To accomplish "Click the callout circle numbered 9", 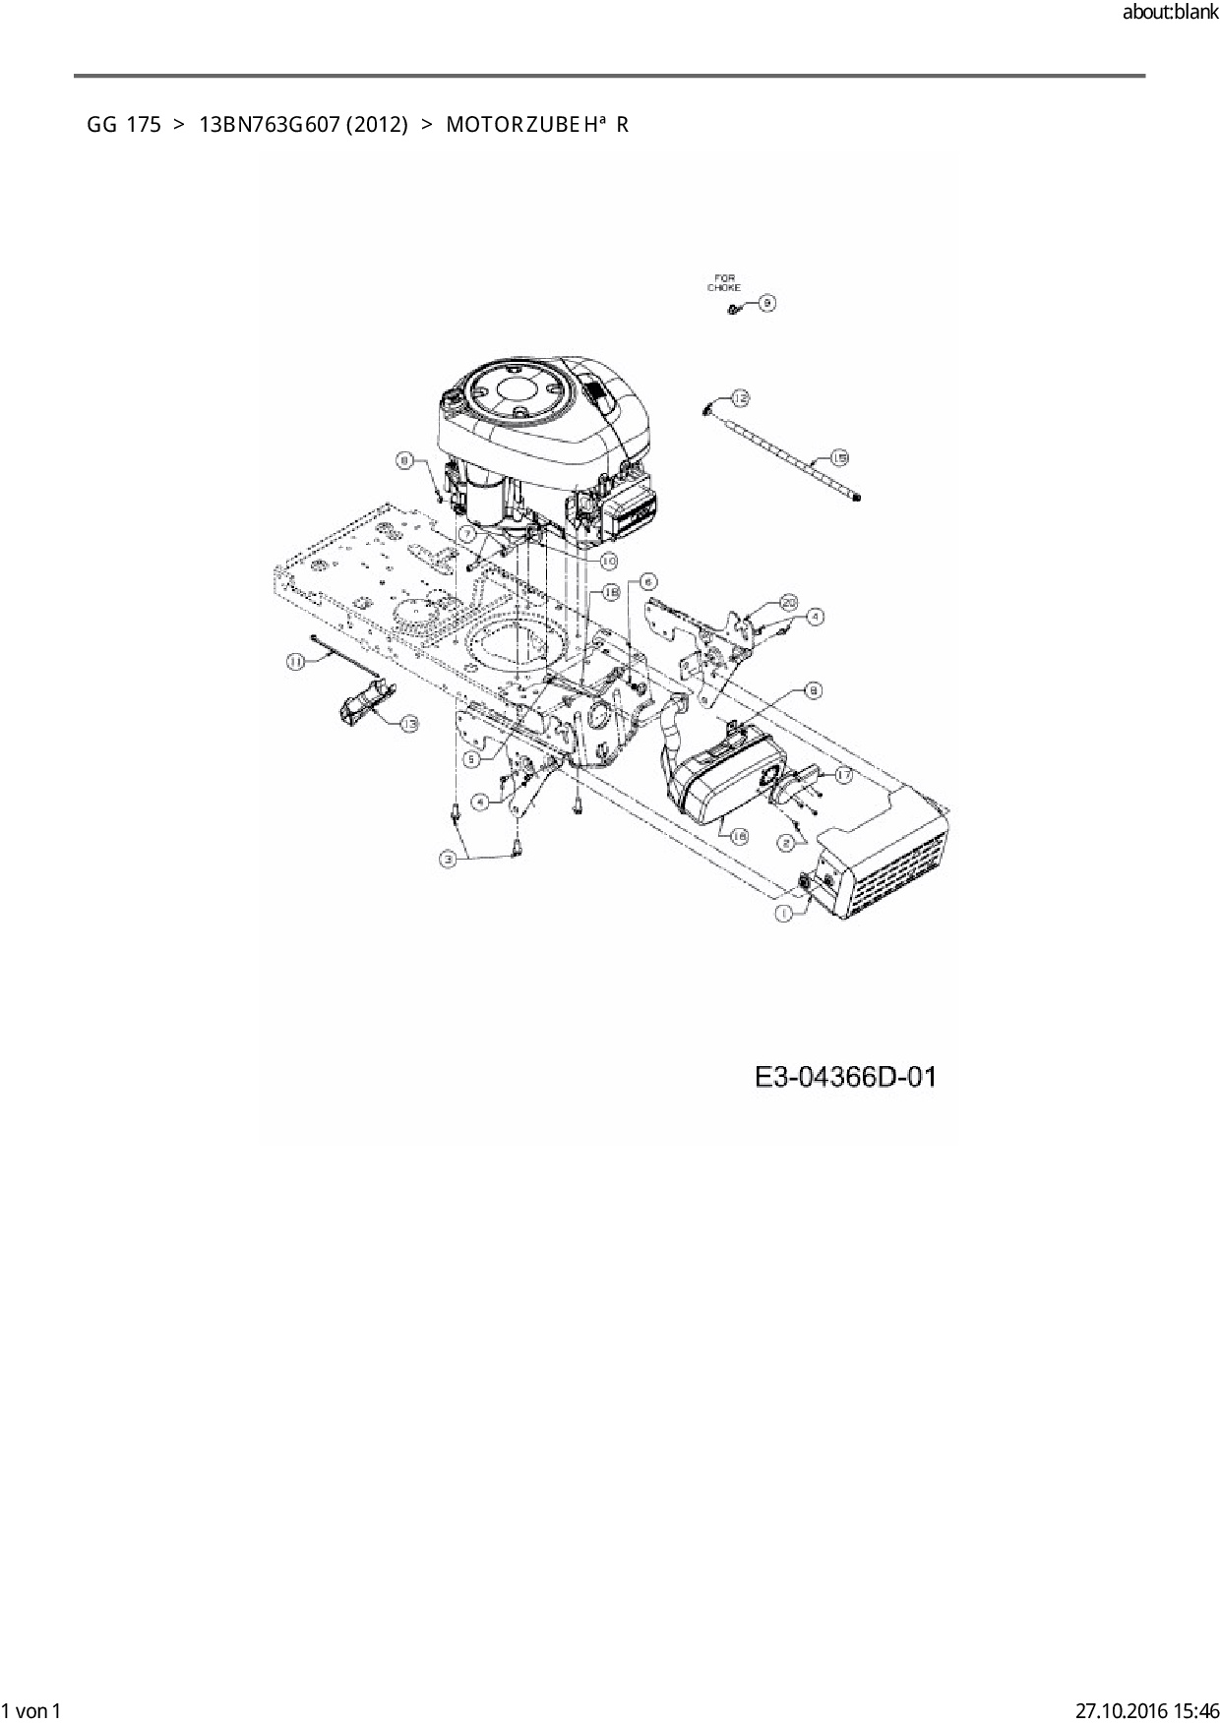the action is click(x=766, y=303).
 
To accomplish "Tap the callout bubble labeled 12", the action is click(x=740, y=397).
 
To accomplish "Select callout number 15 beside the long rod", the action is click(x=839, y=457).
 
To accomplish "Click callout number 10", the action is click(x=609, y=561).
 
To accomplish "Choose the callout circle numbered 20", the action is click(x=788, y=601).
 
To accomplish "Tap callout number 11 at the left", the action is click(x=295, y=662).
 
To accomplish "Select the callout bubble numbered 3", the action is click(x=449, y=859).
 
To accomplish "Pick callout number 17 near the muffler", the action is click(x=843, y=775).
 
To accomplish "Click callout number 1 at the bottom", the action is click(x=784, y=914).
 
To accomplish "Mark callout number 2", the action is click(x=786, y=843).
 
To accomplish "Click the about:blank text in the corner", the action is click(x=1170, y=14).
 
